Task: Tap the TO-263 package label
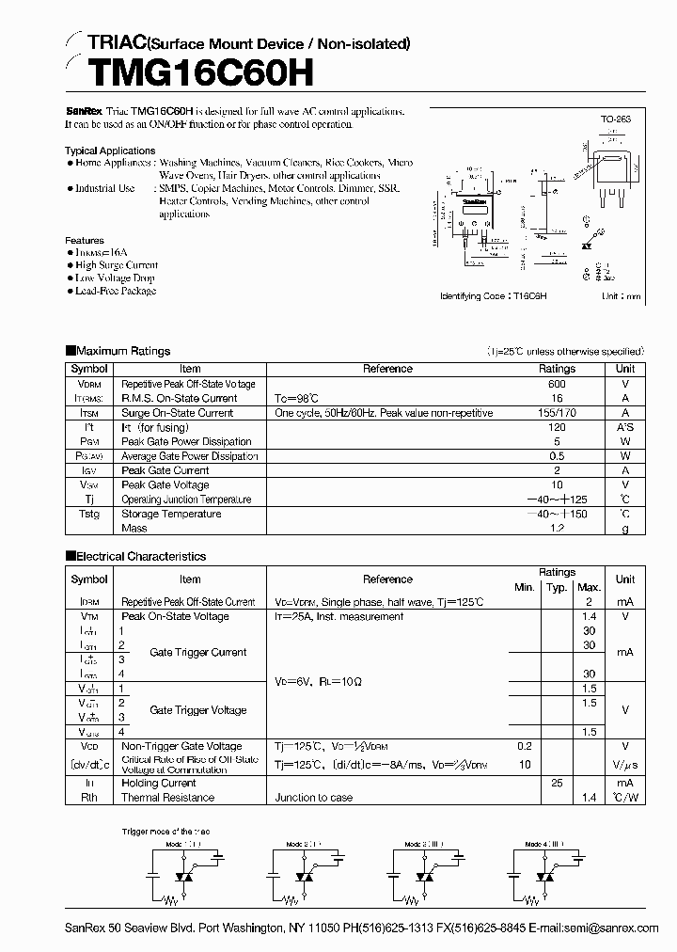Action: pos(615,121)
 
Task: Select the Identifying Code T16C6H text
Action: pos(493,295)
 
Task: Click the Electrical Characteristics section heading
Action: pos(140,556)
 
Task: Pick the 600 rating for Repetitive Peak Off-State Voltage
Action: pos(557,384)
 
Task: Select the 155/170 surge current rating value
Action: pos(557,413)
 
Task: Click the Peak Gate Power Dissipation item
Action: pos(186,441)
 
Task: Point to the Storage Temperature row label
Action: pos(171,514)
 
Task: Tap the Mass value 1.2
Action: pos(557,528)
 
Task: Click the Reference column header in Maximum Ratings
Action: pos(387,369)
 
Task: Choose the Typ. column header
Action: pos(557,587)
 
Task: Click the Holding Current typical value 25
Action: pos(557,783)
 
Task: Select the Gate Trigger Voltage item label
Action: pos(198,710)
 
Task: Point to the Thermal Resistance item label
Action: pos(167,798)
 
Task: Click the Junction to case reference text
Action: pos(314,798)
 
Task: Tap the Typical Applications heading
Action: pos(110,151)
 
